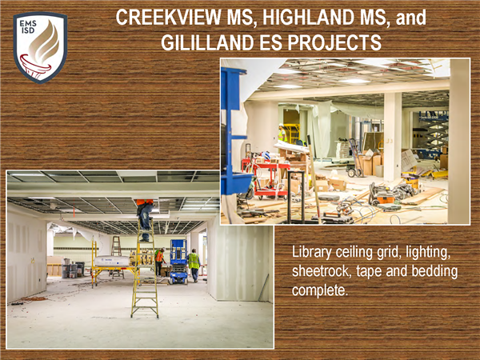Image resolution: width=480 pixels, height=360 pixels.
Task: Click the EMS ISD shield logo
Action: tap(40, 47)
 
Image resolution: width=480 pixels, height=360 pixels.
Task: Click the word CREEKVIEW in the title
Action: tap(169, 17)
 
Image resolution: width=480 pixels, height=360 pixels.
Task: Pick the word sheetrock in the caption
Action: tap(322, 271)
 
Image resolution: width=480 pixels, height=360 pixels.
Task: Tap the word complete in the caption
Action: tap(320, 290)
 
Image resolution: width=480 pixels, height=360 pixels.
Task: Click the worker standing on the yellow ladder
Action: tap(145, 219)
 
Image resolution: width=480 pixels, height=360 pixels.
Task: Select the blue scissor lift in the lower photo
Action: tap(178, 262)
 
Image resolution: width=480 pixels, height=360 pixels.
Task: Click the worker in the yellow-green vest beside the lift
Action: tap(194, 265)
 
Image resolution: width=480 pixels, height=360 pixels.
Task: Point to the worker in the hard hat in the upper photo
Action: tap(282, 133)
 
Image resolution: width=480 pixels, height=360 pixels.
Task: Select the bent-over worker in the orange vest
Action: tap(159, 261)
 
